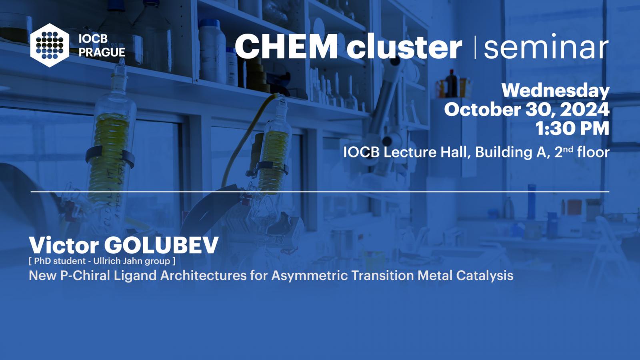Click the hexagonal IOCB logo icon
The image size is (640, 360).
coord(50,45)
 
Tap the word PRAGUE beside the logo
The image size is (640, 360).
coord(102,52)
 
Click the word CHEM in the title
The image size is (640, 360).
coord(286,46)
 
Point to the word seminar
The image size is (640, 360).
coord(546,46)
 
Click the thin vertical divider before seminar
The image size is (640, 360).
coord(475,48)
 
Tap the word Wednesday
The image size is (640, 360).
coord(556,91)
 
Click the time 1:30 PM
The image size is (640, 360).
coord(572,128)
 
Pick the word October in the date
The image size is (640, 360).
coord(482,110)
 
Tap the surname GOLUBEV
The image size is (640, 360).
coord(162,245)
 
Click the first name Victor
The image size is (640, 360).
coord(64,245)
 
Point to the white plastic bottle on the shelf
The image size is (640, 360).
coord(212,51)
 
